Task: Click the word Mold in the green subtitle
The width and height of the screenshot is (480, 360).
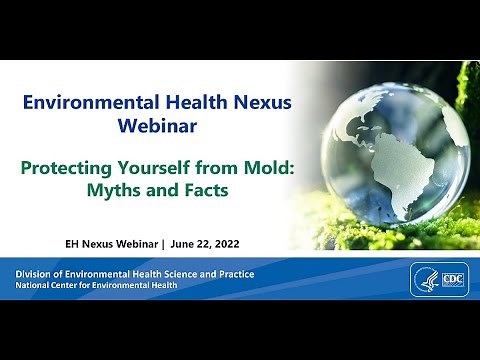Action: pyautogui.click(x=270, y=167)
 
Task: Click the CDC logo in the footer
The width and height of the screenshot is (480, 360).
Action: pyautogui.click(x=451, y=278)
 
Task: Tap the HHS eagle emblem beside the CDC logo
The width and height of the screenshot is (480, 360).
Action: pyautogui.click(x=425, y=278)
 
